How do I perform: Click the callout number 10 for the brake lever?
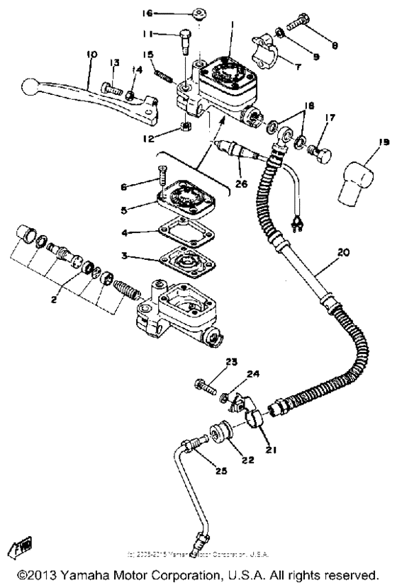tap(91, 55)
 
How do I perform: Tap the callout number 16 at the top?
tap(147, 13)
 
